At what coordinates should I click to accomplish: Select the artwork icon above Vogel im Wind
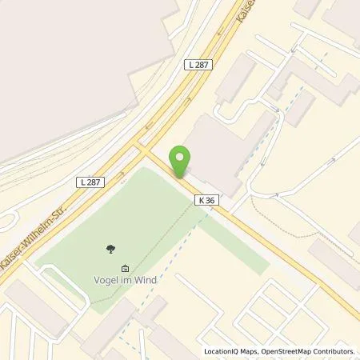click(124, 268)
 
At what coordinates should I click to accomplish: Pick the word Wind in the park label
click(145, 280)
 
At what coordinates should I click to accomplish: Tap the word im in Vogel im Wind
click(126, 280)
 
